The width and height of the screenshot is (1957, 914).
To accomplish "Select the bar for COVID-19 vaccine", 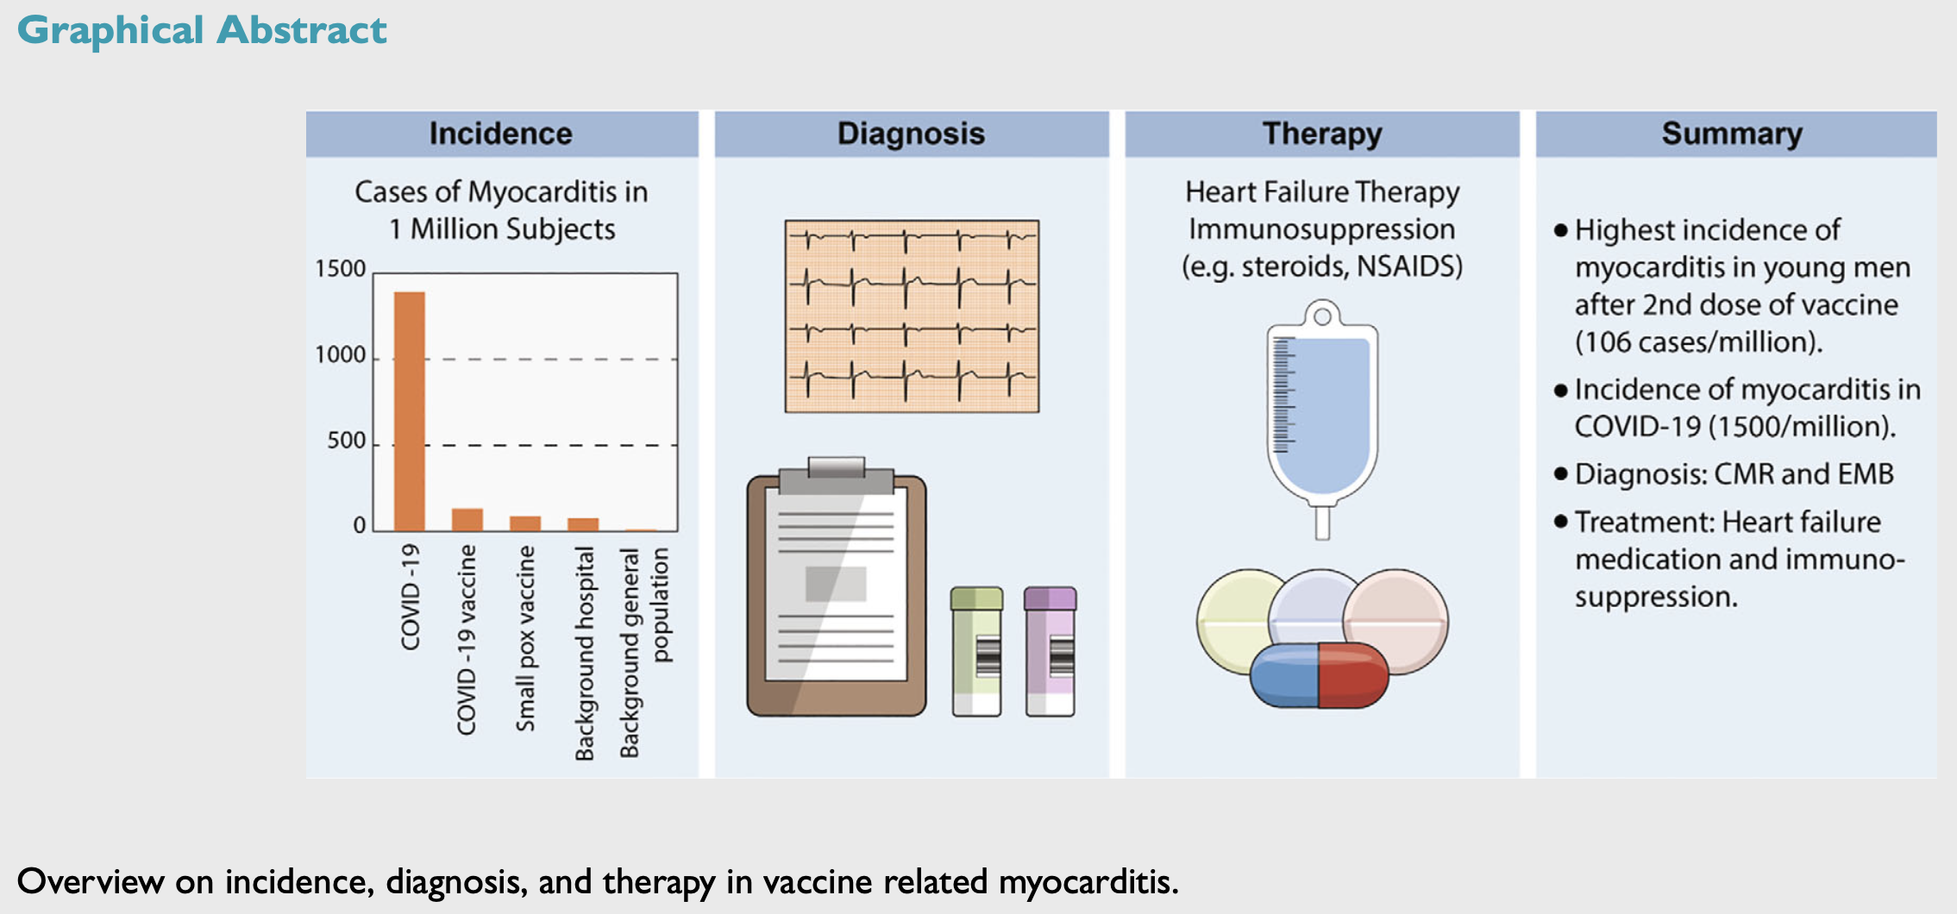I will pos(467,520).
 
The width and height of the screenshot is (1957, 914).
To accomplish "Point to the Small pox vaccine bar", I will pos(524,523).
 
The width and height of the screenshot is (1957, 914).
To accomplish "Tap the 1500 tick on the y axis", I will pos(341,269).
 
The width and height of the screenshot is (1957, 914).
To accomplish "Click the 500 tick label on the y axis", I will pos(346,441).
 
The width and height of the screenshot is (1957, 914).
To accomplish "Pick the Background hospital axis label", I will pos(585,653).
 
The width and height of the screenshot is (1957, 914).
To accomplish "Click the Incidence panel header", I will pos(500,134).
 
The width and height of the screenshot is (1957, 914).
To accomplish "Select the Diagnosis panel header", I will pos(911,134).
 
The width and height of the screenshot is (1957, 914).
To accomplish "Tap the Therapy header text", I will pos(1321,134).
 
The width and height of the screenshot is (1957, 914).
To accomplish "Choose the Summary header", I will pos(1732,134).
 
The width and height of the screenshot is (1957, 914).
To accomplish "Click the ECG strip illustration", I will pos(912,316).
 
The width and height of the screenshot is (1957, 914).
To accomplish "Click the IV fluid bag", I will pos(1321,414).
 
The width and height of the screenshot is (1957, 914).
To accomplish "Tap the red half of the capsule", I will pos(1352,675).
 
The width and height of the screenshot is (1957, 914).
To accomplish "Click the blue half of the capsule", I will pos(1285,675).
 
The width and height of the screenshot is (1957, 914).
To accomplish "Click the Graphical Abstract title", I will pos(202,30).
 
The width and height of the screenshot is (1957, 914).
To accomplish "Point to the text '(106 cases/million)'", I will pos(1698,342).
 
